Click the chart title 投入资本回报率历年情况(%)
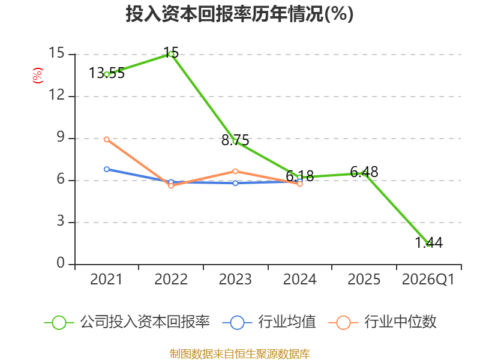tap(239, 14)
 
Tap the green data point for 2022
tap(171, 55)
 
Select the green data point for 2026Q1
tap(428, 244)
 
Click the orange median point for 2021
tap(107, 139)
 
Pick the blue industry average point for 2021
tap(107, 169)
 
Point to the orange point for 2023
tap(235, 172)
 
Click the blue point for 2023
tap(235, 183)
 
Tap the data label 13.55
tap(107, 73)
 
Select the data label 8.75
tap(235, 140)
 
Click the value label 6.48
tap(364, 172)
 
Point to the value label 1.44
tap(428, 243)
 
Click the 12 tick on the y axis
tap(57, 95)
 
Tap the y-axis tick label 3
tap(61, 221)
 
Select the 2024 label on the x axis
tap(299, 280)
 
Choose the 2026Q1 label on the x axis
tap(428, 280)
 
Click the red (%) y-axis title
tap(38, 76)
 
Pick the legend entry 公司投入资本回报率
tap(127, 322)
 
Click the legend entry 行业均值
tap(269, 322)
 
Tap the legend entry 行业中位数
tap(383, 322)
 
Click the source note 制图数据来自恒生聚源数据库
tap(240, 354)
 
